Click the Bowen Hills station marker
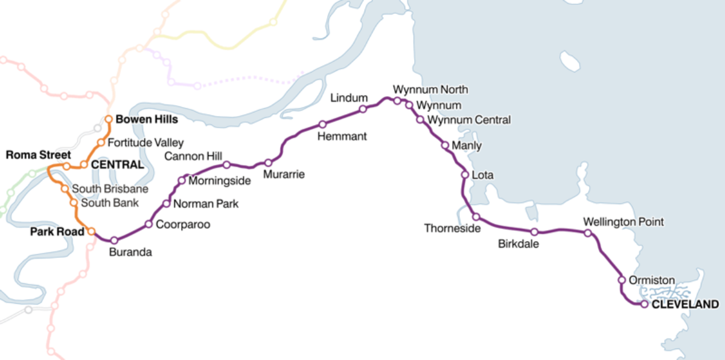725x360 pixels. pos(109,119)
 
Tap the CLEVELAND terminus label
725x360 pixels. pos(685,304)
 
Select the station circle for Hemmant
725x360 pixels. pos(322,124)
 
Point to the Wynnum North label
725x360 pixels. pos(430,90)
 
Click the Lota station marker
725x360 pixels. pos(465,175)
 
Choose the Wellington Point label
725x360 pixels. pos(623,222)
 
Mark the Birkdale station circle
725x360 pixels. pos(534,232)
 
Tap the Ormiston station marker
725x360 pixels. pos(621,280)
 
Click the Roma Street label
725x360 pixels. pos(38,155)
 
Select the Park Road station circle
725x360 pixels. pos(91,231)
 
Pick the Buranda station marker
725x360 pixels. pos(114,240)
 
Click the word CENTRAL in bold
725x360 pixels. pos(117,165)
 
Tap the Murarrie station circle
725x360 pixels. pos(268,162)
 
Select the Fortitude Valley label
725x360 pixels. pos(145,143)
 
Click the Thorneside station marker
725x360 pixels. pos(476,216)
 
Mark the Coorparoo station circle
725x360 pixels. pos(149,225)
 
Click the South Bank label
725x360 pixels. pos(109,203)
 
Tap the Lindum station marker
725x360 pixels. pos(363,109)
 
